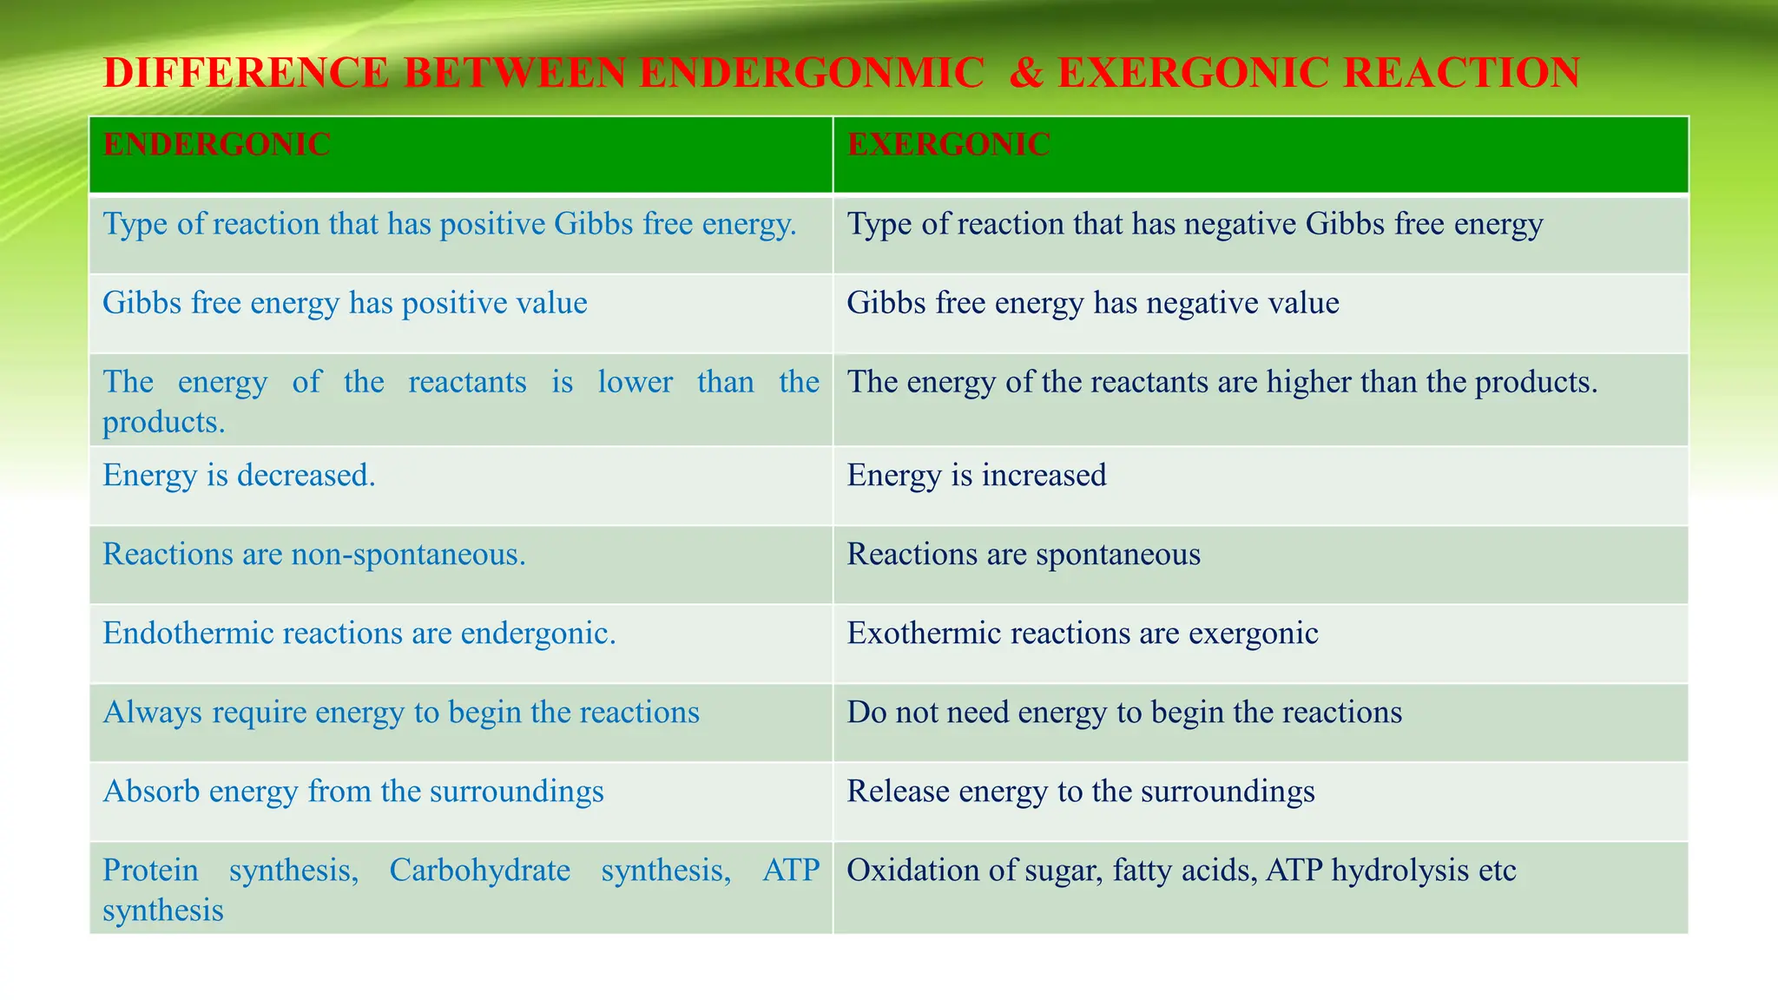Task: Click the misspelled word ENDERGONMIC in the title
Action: click(x=812, y=73)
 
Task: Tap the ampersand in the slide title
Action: click(x=1026, y=73)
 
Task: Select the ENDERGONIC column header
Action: click(x=216, y=144)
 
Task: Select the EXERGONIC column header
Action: click(x=948, y=144)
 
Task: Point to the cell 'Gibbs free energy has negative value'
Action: click(x=1092, y=303)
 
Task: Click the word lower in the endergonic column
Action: click(x=635, y=382)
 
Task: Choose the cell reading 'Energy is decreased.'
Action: click(x=239, y=476)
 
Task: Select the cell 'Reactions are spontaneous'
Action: click(x=1023, y=555)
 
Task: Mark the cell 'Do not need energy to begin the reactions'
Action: click(x=1123, y=713)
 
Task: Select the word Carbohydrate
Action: click(x=479, y=871)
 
